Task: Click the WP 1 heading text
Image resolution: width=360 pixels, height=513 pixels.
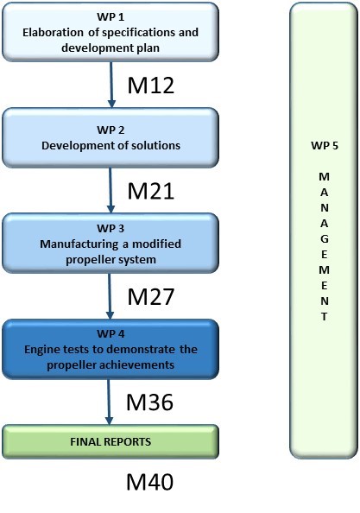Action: [111, 16]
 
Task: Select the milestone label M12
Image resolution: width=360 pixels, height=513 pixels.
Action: [151, 85]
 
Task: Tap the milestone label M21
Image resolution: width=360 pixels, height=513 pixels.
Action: [150, 191]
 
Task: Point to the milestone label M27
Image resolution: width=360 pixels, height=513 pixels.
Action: [150, 297]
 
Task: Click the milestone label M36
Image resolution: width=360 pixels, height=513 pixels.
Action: [149, 402]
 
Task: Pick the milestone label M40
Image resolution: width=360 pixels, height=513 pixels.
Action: [149, 482]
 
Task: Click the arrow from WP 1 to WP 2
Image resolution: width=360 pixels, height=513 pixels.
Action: [111, 85]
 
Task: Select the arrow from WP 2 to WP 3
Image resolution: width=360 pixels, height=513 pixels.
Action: [111, 190]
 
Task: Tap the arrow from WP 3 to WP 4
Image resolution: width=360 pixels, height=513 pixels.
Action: [110, 296]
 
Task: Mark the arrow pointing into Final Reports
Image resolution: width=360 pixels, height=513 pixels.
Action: [109, 402]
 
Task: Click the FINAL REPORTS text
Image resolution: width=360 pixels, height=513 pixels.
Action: [111, 441]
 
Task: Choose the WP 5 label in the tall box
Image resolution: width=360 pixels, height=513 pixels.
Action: [325, 146]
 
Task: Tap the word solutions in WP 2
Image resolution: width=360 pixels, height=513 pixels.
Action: [155, 146]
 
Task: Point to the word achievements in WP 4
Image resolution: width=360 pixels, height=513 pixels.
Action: [141, 364]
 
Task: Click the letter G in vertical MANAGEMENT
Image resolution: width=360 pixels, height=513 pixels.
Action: [324, 239]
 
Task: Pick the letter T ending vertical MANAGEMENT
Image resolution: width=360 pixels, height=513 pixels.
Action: [324, 317]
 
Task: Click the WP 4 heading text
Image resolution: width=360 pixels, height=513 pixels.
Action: [111, 334]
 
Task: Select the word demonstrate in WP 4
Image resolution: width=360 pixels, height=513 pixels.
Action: [141, 350]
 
